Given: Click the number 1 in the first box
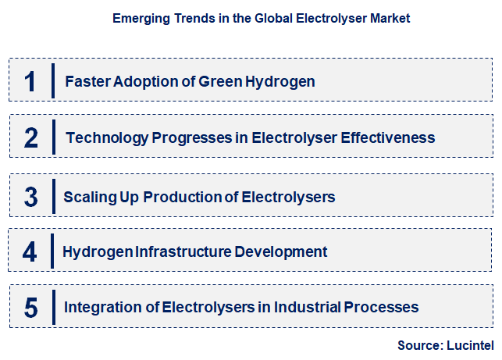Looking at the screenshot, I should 30,81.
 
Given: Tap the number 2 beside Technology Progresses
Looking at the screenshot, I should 31,138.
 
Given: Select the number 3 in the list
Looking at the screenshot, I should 30,197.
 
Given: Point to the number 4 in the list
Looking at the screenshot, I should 30,252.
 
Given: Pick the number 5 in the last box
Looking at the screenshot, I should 30,308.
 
